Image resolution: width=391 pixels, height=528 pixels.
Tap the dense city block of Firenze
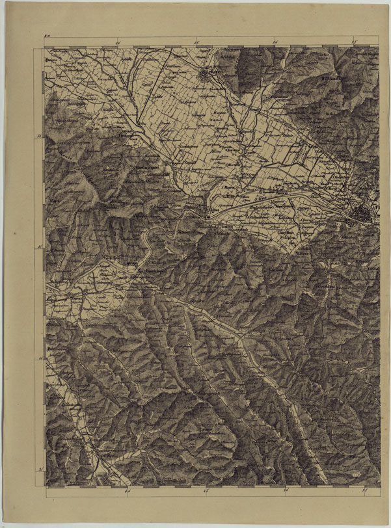[363, 212]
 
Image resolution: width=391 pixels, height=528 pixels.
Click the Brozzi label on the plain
[281, 193]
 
